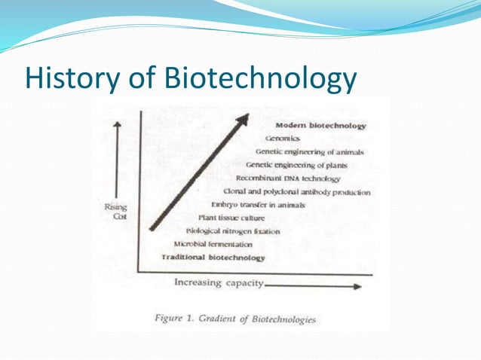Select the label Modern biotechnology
[x=321, y=125]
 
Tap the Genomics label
[x=283, y=139]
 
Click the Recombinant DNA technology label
[x=288, y=178]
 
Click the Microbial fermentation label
[x=213, y=245]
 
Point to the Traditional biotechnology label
[x=213, y=258]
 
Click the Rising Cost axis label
[x=115, y=211]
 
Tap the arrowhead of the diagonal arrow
[x=243, y=121]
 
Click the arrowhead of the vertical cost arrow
[x=117, y=125]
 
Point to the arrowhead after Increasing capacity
[x=357, y=285]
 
